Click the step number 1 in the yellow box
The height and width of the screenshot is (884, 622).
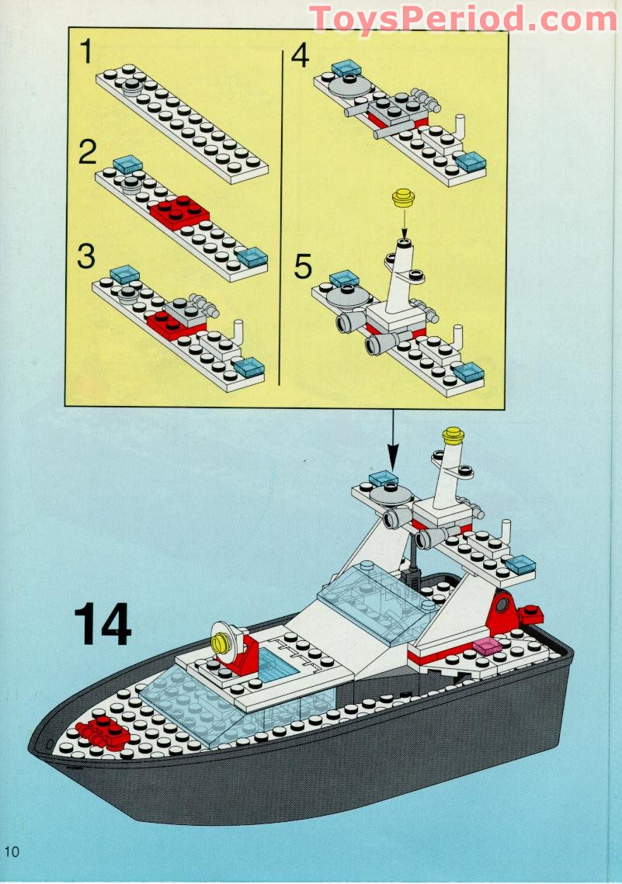(x=86, y=54)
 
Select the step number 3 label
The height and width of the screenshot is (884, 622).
(x=87, y=257)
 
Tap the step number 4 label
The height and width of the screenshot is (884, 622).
(x=299, y=57)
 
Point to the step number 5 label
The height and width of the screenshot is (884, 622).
(x=302, y=267)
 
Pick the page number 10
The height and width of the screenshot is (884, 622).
(x=11, y=851)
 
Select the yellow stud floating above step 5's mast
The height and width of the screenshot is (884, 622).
(x=402, y=198)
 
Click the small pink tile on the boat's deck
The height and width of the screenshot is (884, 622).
(x=485, y=646)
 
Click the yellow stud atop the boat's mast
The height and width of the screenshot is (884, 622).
(x=453, y=436)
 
